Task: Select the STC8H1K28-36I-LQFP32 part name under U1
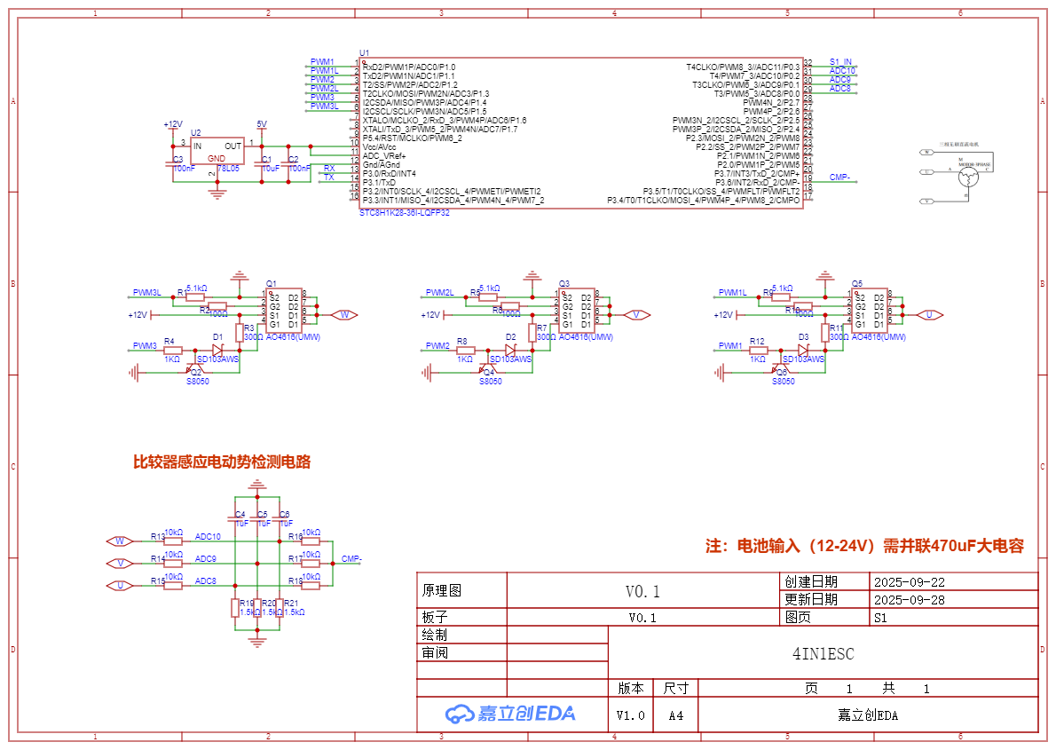tap(404, 213)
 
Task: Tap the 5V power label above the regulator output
tap(261, 124)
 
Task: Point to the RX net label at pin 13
tap(329, 168)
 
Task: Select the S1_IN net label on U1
tap(840, 62)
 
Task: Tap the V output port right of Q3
tap(636, 315)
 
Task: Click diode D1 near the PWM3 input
tap(217, 349)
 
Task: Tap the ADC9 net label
tap(206, 559)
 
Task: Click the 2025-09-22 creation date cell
tap(910, 583)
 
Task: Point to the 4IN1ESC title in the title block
tap(823, 654)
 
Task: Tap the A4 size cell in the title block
tap(676, 715)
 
